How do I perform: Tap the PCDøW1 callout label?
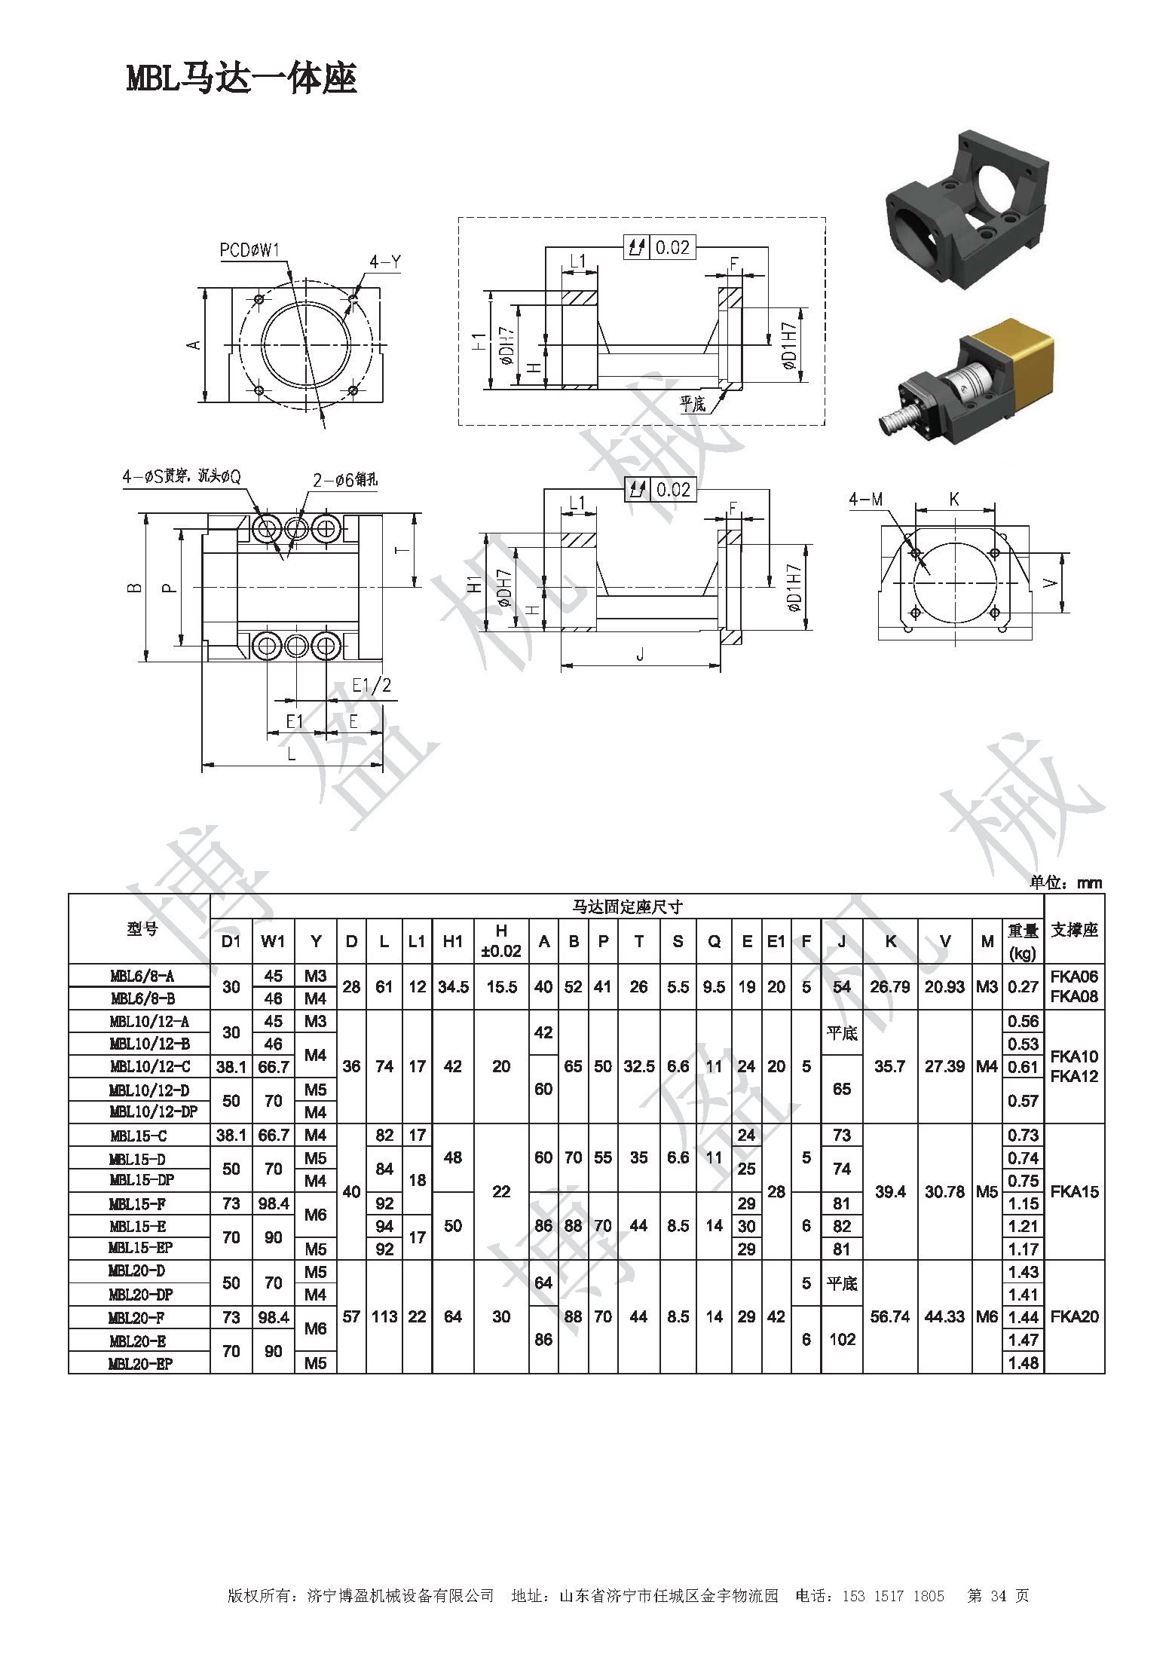pos(249,250)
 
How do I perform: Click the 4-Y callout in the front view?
pos(384,261)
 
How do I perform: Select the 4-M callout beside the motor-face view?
pos(865,499)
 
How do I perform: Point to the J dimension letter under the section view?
pos(640,655)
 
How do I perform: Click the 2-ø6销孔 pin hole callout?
pos(344,480)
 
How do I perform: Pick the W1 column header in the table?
pos(273,941)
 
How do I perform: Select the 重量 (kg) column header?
pos(1023,941)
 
